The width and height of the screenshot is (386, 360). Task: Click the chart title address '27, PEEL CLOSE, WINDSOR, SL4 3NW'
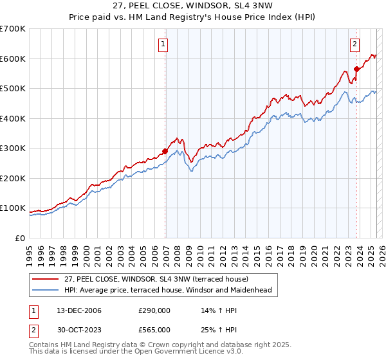[192, 6]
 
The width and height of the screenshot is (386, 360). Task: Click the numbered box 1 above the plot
[163, 44]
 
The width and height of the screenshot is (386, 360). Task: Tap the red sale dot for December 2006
[165, 152]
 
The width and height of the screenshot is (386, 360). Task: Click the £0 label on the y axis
[21, 238]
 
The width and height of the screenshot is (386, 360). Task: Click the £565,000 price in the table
[154, 330]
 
